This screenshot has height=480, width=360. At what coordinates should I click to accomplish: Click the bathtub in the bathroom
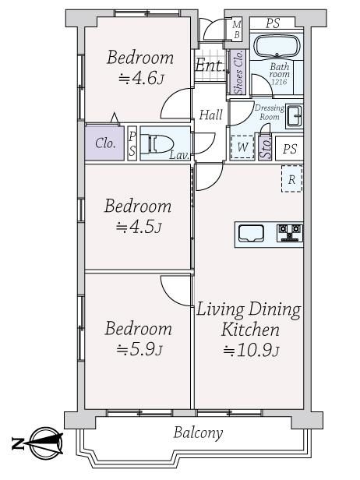pos(277,46)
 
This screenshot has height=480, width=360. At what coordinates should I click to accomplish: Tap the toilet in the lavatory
pos(157,143)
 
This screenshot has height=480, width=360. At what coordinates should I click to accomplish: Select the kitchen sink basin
pos(251,233)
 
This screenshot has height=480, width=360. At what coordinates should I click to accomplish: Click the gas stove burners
pos(290,233)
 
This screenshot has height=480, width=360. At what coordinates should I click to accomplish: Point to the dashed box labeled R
pos(291,178)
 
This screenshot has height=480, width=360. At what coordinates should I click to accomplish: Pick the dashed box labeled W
pos(242,147)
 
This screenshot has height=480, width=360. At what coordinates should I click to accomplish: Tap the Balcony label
pos(198,433)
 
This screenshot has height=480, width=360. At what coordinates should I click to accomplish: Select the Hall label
pos(210,115)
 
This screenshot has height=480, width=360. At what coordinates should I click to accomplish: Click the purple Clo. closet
pos(104,143)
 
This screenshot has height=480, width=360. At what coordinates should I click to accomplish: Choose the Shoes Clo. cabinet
pos(238,72)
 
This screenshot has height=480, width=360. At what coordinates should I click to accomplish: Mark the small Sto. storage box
pos(265,147)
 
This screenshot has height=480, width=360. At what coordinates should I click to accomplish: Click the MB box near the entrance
pos(237,30)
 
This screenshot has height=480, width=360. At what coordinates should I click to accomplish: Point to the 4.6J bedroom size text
pos(141,79)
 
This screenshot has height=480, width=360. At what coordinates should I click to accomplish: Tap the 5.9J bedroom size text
pos(139,350)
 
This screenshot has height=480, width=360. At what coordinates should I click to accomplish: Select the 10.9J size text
pos(251,350)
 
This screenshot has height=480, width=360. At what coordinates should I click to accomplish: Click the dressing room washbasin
pos(295,116)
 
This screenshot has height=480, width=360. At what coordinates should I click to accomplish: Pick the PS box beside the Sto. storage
pos(290,149)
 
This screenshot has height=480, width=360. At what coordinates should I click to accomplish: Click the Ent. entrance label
pos(210,65)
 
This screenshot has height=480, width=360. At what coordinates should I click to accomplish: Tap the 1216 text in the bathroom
pos(279,82)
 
